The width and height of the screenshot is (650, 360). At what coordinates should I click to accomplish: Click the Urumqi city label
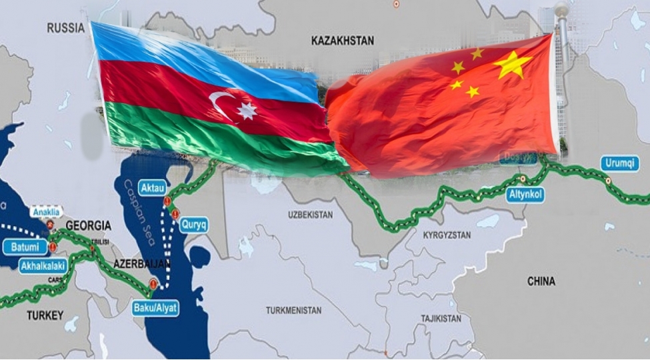click(x=620, y=163)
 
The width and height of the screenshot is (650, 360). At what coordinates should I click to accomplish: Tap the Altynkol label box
click(x=525, y=195)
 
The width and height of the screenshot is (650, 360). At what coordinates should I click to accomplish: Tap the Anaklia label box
click(x=45, y=212)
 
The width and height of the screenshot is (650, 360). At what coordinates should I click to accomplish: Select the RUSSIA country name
click(x=65, y=28)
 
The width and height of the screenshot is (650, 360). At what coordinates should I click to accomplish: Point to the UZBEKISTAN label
click(x=310, y=215)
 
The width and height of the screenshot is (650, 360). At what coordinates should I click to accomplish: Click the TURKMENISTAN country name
click(x=293, y=311)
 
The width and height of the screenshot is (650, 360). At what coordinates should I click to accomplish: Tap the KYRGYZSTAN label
click(x=447, y=235)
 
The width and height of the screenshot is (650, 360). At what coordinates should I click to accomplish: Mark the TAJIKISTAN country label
click(x=441, y=319)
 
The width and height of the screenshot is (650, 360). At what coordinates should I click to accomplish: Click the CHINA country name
click(x=541, y=281)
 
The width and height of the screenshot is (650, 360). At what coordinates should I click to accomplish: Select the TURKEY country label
click(x=45, y=315)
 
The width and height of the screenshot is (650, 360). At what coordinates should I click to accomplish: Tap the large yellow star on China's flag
click(x=512, y=65)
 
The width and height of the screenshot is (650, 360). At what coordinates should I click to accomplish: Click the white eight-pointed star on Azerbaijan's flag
click(x=246, y=111)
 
